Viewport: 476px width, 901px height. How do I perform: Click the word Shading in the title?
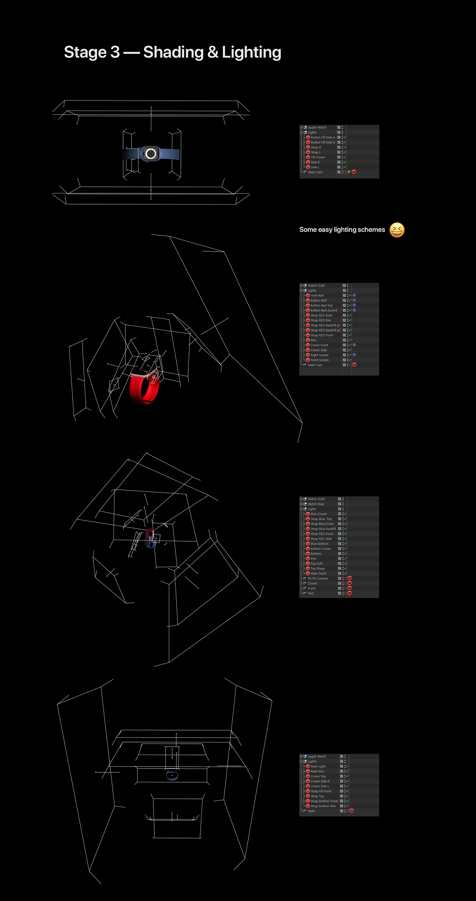coord(173,52)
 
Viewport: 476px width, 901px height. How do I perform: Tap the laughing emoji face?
coord(397,230)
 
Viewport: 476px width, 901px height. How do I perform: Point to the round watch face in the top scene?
coord(151,153)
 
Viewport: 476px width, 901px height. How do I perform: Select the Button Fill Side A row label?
coord(323,138)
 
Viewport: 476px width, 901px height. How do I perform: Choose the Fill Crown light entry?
coord(318,157)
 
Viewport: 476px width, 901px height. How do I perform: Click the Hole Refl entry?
coord(317,295)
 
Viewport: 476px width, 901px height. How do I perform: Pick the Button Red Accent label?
coord(324,310)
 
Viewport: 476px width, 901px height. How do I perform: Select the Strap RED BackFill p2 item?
coord(325,330)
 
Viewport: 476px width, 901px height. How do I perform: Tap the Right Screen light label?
coord(320,355)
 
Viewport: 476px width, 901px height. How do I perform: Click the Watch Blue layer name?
coord(316,504)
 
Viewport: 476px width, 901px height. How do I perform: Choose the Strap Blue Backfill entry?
coord(323,529)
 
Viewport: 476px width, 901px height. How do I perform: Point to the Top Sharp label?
coord(317,568)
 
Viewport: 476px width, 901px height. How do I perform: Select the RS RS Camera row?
coord(318,579)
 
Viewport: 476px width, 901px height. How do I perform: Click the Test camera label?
coord(310,593)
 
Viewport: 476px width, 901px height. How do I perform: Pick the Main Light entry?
coord(318,766)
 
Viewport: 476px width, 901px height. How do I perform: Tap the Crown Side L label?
coord(320,786)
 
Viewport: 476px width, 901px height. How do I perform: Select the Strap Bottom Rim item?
coord(323,806)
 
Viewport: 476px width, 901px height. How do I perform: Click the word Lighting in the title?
coord(251,52)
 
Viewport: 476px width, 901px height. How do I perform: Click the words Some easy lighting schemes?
coord(342,230)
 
